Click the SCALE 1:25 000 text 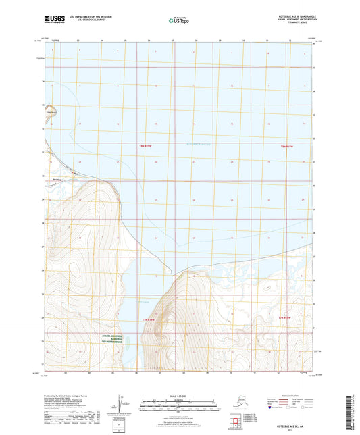[x=179, y=395]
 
